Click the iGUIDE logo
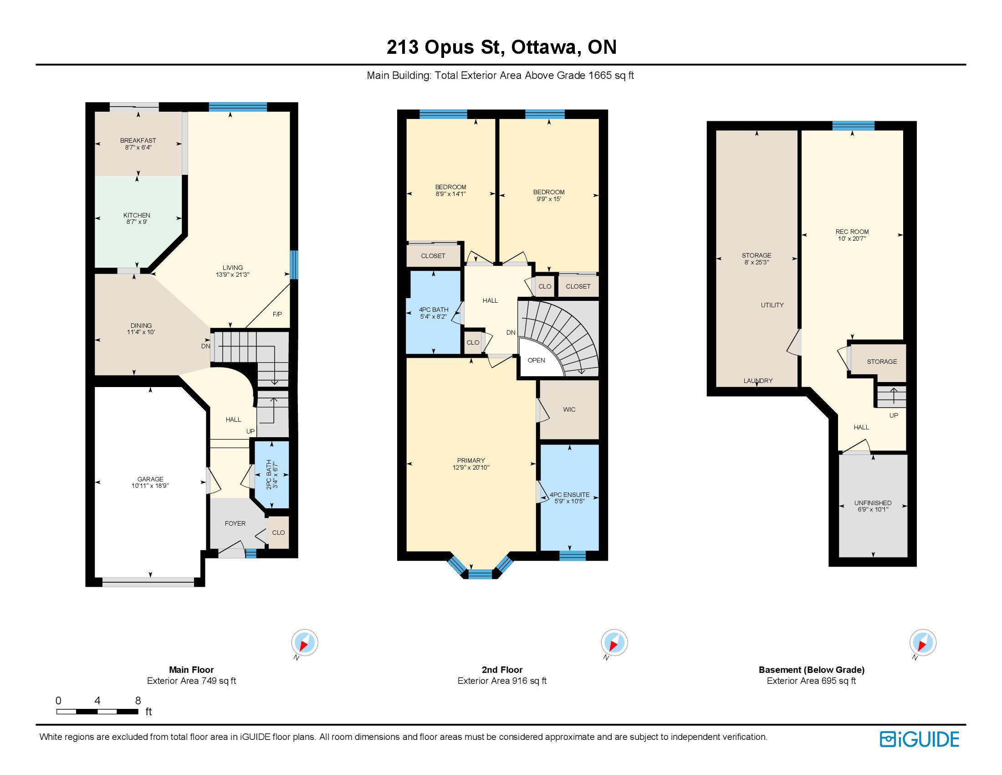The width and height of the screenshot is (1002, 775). pyautogui.click(x=920, y=739)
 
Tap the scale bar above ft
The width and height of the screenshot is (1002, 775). pyautogui.click(x=97, y=712)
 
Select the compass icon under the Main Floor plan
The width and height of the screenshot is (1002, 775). pyautogui.click(x=304, y=642)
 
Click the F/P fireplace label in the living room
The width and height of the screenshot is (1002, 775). pyautogui.click(x=277, y=314)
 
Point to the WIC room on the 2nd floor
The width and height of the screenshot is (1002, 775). pyautogui.click(x=569, y=409)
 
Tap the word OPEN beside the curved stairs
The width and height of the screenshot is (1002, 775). pyautogui.click(x=536, y=361)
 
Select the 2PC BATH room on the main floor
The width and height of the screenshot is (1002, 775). pyautogui.click(x=271, y=474)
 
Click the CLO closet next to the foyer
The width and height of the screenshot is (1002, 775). pyautogui.click(x=278, y=532)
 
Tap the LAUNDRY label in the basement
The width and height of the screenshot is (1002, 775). pyautogui.click(x=758, y=381)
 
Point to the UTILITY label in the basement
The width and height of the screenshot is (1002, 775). pyautogui.click(x=772, y=305)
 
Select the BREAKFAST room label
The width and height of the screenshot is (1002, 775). pyautogui.click(x=138, y=140)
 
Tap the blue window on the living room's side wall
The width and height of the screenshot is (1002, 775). pyautogui.click(x=294, y=264)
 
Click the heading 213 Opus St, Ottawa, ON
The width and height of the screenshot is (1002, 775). pyautogui.click(x=501, y=47)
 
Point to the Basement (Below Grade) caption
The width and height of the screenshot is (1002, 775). pyautogui.click(x=811, y=670)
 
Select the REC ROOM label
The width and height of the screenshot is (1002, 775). pyautogui.click(x=852, y=232)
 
